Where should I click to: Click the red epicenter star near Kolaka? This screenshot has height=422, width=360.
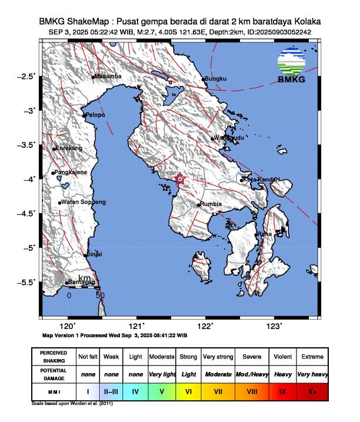[x=180, y=180]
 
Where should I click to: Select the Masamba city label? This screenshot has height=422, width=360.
[x=108, y=77]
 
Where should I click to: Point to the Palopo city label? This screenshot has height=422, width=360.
[x=95, y=115]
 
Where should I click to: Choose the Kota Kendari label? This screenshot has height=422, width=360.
[x=261, y=179]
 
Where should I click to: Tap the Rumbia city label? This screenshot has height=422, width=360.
[x=211, y=204]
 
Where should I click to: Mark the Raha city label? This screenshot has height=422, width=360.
[x=264, y=234]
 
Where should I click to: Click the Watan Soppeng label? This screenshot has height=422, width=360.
[x=84, y=202]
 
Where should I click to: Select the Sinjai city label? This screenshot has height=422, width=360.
[x=94, y=254]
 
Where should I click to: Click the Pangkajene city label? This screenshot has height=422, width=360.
[x=71, y=172]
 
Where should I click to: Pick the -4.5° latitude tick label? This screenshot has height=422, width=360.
[x=26, y=214]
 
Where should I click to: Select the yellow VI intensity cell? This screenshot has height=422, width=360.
[x=188, y=390]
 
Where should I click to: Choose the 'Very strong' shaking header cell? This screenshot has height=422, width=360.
[x=217, y=357]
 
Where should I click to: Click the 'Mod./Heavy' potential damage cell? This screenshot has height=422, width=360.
[x=251, y=374]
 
